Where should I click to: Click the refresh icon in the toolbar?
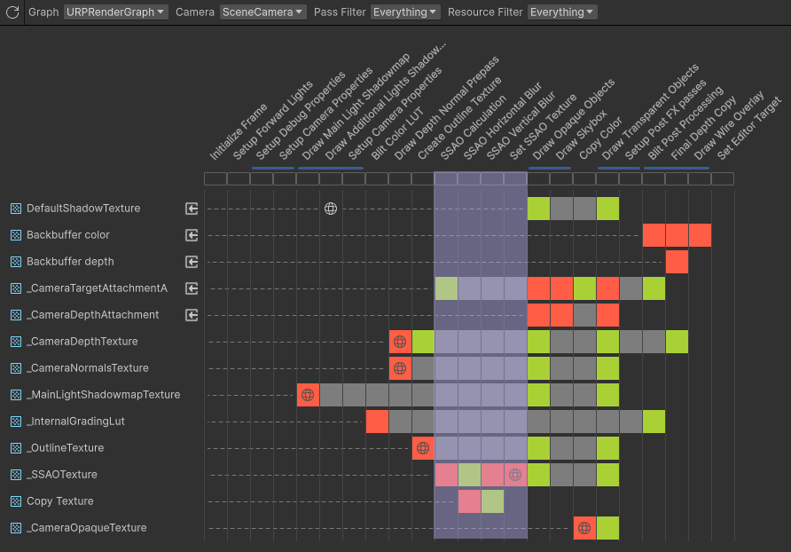pos(12,12)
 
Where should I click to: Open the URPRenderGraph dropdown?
pos(115,12)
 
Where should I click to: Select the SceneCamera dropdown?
pos(263,12)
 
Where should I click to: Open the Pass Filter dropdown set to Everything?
pos(404,12)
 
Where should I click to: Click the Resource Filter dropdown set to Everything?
pos(562,12)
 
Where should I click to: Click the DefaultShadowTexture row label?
pos(83,209)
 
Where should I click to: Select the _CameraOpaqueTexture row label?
pos(86,528)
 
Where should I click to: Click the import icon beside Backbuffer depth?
pos(192,262)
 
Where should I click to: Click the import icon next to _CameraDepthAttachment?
pos(192,315)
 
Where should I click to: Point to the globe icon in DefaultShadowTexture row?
pos(331,209)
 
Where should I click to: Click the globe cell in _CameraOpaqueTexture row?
pos(584,528)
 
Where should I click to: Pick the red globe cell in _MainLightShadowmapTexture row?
pos(308,395)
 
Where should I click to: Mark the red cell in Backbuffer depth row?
pos(677,262)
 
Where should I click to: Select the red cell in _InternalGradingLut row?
pos(377,422)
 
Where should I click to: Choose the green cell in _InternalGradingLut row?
pos(654,422)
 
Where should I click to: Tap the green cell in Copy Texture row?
pos(492,501)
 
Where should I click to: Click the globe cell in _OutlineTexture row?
pos(423,448)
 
